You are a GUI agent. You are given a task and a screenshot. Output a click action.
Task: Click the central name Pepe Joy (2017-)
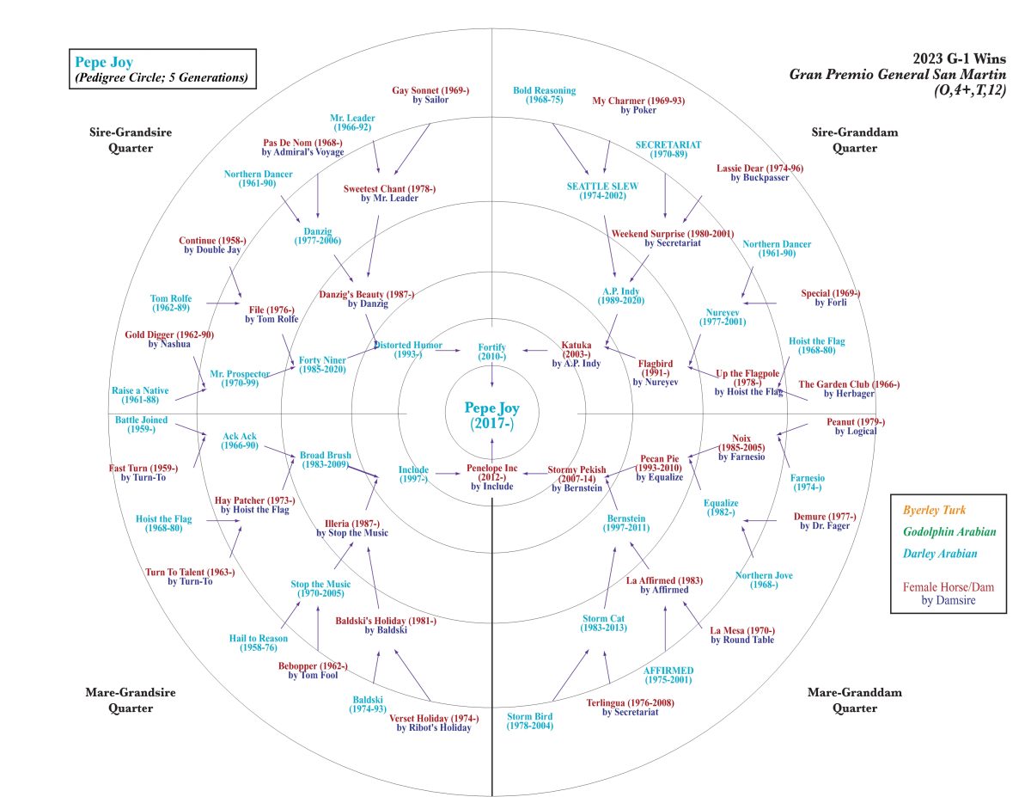491,415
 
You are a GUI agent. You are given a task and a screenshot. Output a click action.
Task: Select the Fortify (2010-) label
491,351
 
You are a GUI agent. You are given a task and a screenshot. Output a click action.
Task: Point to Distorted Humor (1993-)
408,349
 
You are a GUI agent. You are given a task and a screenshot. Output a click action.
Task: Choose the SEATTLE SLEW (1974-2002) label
602,191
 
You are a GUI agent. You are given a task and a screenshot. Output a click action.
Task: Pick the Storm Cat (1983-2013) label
604,622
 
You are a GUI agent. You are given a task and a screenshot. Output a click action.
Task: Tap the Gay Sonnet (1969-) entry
430,95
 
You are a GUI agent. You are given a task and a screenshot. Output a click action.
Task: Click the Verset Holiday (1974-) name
434,723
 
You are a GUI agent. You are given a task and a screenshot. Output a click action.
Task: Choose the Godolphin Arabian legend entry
948,532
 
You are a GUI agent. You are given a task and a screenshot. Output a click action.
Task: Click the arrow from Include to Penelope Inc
446,473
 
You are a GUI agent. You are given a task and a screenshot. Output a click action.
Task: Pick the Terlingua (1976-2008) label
631,707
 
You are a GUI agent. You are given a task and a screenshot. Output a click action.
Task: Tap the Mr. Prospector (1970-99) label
240,378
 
